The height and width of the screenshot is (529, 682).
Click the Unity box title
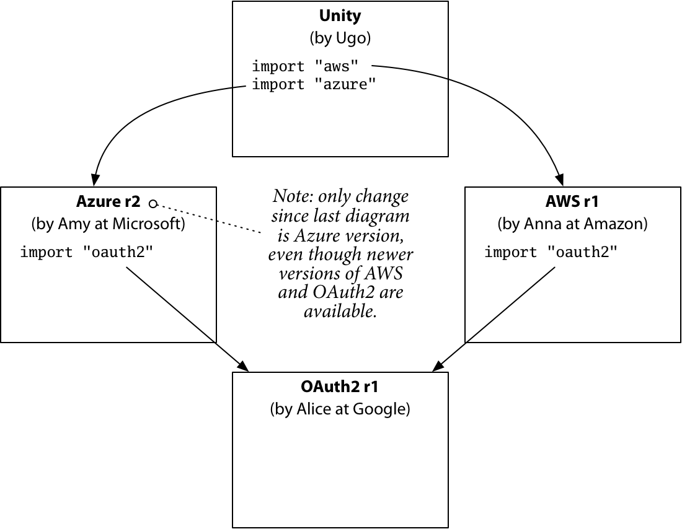[x=340, y=15]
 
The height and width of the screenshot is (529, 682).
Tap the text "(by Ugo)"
[x=340, y=38]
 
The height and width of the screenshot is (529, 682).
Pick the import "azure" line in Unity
[x=314, y=84]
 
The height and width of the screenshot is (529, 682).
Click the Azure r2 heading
[x=108, y=201]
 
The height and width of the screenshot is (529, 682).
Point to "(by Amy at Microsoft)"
[x=108, y=224]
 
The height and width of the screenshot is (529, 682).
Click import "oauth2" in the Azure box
[x=86, y=252]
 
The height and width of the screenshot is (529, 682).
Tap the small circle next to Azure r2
[x=153, y=203]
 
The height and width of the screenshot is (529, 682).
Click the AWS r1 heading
[x=572, y=201]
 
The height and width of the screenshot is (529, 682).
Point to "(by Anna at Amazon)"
[x=572, y=224]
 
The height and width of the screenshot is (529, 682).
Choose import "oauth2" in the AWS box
[x=551, y=252]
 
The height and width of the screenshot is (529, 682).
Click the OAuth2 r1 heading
[x=340, y=387]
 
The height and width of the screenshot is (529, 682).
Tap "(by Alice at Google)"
[x=340, y=409]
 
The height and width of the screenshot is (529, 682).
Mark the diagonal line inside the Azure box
[x=170, y=304]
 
